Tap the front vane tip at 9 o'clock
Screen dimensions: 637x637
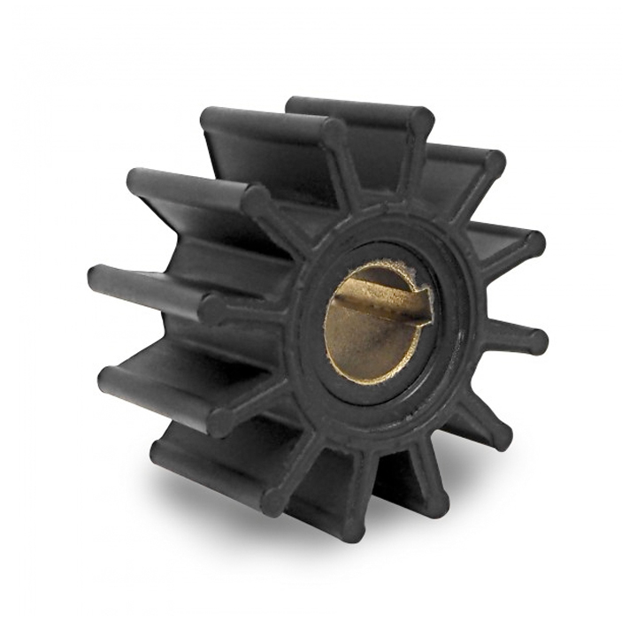(x=212, y=309)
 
